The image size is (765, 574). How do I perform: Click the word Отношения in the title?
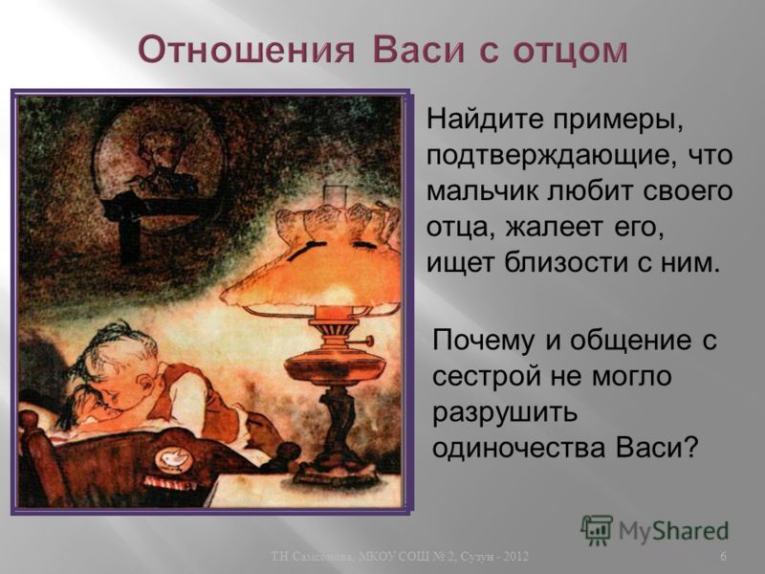(x=247, y=51)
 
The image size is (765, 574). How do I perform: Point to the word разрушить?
(x=505, y=414)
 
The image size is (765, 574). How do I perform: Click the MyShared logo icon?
(x=597, y=530)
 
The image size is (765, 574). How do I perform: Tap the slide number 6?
(x=723, y=557)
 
